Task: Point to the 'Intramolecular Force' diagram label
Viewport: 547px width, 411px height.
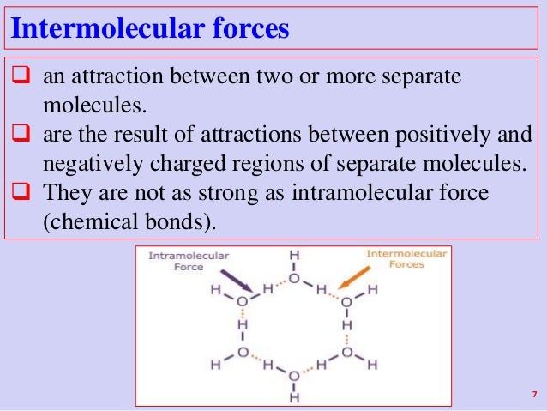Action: [177, 261]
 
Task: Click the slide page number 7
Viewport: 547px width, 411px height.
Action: [532, 395]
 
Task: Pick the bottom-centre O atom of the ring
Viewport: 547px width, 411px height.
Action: [294, 377]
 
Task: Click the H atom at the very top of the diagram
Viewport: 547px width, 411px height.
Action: [294, 256]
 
